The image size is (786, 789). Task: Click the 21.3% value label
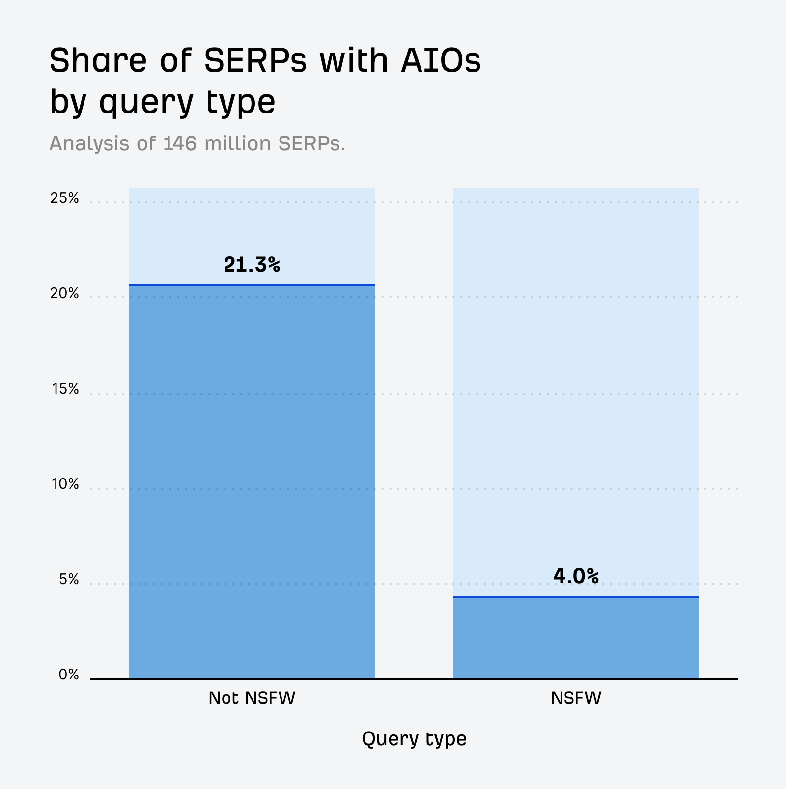click(x=252, y=265)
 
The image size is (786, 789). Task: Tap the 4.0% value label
click(x=576, y=576)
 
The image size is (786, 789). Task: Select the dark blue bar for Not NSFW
click(x=252, y=481)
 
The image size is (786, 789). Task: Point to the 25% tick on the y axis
click(x=64, y=198)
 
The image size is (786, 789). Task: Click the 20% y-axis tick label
click(x=64, y=294)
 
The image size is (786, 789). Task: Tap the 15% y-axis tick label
click(x=65, y=389)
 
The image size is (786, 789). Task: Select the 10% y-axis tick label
click(x=65, y=484)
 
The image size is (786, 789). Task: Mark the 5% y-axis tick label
click(x=69, y=580)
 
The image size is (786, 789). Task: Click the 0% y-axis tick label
click(x=69, y=675)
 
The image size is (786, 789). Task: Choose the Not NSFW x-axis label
click(x=252, y=698)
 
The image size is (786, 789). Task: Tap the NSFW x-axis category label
click(x=576, y=698)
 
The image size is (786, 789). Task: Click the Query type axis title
click(x=414, y=739)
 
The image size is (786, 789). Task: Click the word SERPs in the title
click(x=255, y=61)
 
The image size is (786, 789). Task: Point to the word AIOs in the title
click(x=440, y=61)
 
